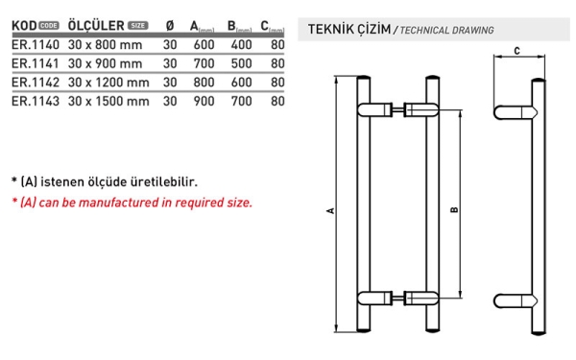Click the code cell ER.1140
click(x=36, y=45)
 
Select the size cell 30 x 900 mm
click(x=105, y=63)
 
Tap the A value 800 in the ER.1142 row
click(x=204, y=83)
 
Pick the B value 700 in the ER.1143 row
click(x=241, y=101)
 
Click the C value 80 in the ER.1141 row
click(x=277, y=63)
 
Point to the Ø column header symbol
click(x=170, y=26)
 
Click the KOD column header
click(x=24, y=26)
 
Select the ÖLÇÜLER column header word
click(x=96, y=25)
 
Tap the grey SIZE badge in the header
click(x=137, y=26)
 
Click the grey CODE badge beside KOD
click(x=49, y=26)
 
